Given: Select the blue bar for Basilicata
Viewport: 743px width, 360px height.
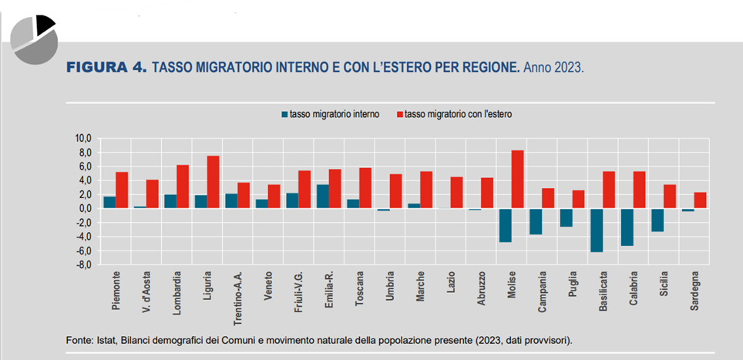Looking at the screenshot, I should click(596, 230).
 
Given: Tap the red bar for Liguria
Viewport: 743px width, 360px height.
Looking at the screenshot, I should click(213, 182).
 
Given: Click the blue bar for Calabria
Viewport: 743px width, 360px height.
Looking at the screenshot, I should click(626, 227).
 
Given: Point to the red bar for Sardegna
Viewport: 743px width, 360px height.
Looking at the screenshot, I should click(700, 200).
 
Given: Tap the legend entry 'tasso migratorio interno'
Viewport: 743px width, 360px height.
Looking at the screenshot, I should click(334, 114).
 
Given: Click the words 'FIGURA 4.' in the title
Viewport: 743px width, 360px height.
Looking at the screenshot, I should click(108, 68).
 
